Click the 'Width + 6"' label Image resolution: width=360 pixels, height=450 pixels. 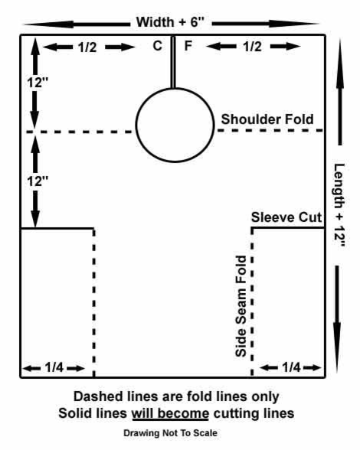click(x=170, y=22)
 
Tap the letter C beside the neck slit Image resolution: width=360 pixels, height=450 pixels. click(x=158, y=46)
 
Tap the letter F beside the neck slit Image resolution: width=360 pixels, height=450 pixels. click(x=188, y=46)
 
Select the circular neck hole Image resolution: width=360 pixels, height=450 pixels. click(x=136, y=126)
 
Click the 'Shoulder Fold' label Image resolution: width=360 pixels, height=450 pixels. click(x=267, y=119)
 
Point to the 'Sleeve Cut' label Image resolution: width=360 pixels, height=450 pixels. click(x=286, y=217)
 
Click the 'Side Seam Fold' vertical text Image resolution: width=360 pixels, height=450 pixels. click(x=241, y=306)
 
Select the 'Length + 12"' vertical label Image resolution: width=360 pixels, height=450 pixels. click(x=339, y=205)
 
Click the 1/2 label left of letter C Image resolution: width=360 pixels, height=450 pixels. click(x=87, y=47)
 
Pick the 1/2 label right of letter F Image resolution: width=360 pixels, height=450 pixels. click(x=252, y=47)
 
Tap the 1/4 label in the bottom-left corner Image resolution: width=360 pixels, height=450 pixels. click(x=54, y=367)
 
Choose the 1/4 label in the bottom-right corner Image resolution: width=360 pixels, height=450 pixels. click(x=291, y=367)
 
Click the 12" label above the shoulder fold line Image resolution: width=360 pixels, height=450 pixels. click(x=38, y=83)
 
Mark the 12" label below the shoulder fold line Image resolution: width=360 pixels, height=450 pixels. click(x=38, y=181)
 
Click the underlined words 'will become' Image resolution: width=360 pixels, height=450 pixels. click(x=170, y=413)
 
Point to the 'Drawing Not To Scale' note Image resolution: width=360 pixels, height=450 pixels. click(x=170, y=433)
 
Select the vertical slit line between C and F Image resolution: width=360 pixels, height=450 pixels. click(x=172, y=61)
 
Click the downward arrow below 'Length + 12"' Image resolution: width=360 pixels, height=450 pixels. click(x=337, y=319)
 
